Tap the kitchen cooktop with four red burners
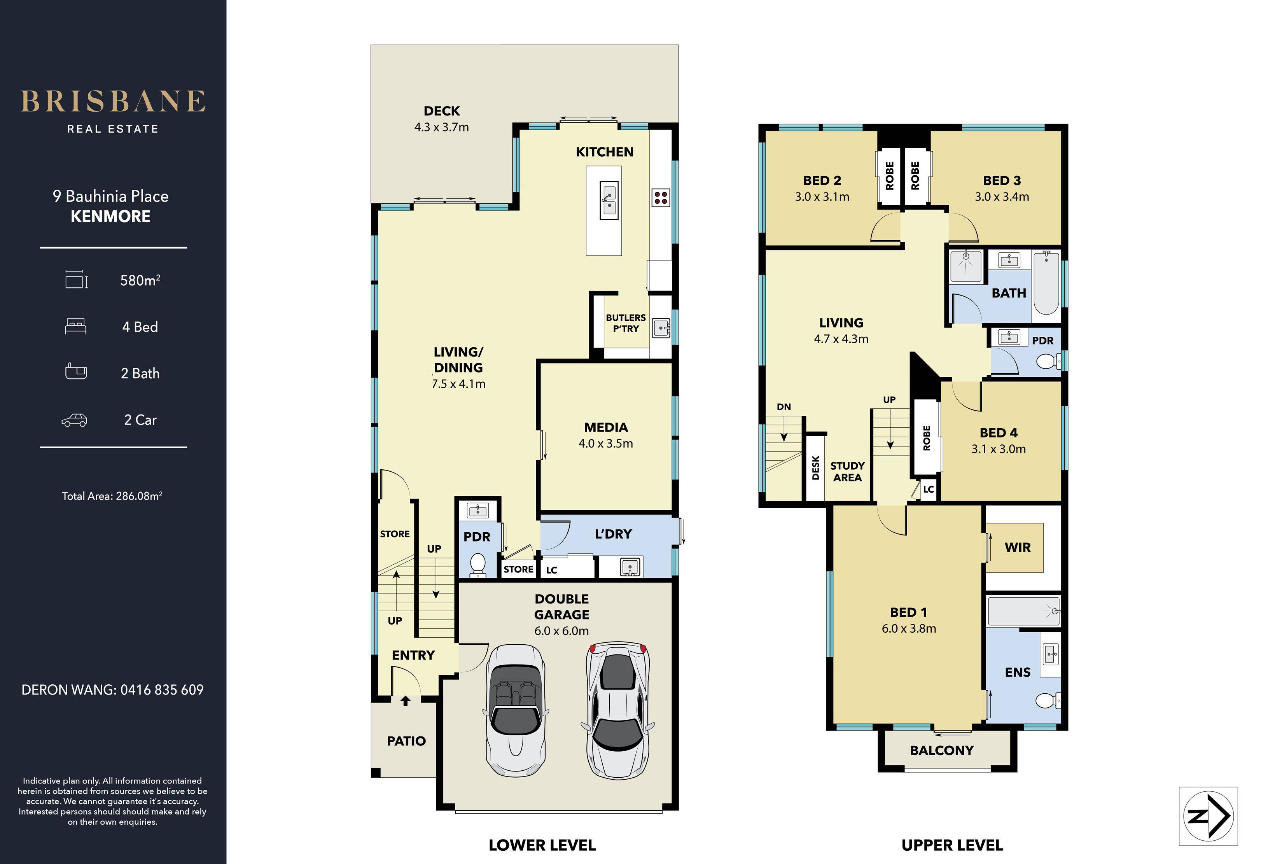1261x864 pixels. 661,198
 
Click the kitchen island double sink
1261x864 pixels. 609,200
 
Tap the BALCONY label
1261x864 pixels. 941,750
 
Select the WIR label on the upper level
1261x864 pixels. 1017,547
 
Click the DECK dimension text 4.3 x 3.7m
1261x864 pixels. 442,127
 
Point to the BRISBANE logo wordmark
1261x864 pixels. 114,101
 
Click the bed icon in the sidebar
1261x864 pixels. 75,326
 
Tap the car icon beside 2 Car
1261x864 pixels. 74,420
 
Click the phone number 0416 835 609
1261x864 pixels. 162,690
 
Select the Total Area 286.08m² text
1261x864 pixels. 112,496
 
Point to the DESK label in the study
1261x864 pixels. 815,467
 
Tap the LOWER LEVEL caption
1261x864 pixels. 542,845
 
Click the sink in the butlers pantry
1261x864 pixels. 661,328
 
